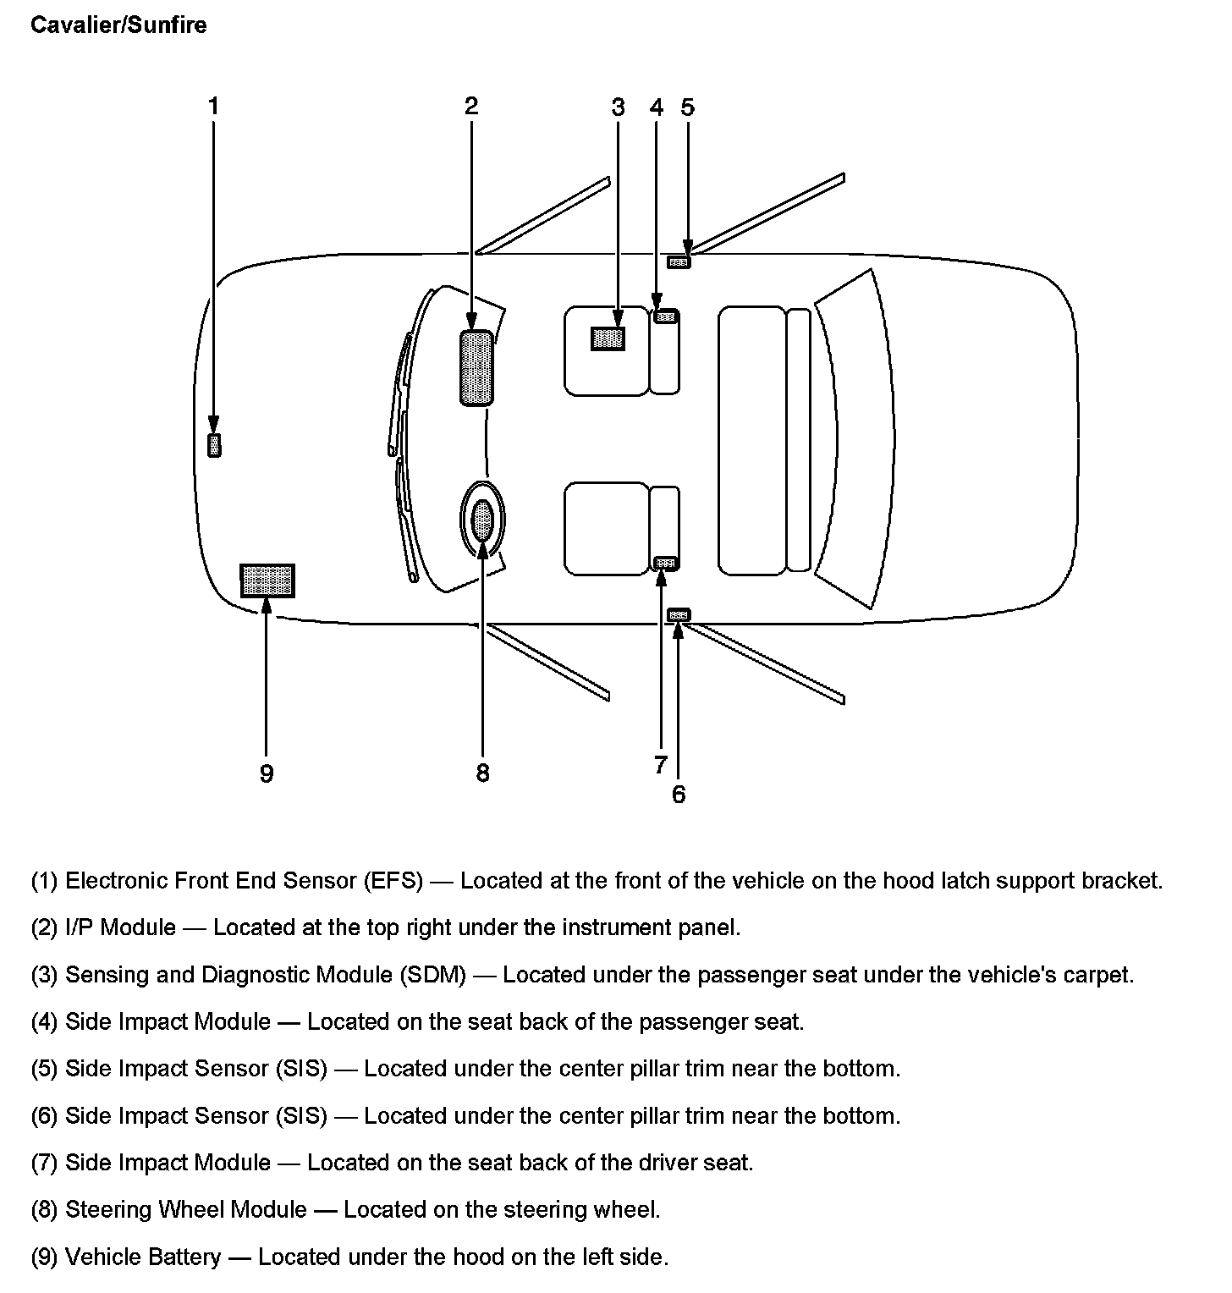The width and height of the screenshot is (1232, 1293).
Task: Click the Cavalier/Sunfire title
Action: (118, 25)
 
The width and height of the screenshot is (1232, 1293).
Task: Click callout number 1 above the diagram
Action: (213, 106)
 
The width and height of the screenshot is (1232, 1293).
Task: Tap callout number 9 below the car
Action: (267, 773)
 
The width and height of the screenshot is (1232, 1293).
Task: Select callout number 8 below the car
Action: (482, 773)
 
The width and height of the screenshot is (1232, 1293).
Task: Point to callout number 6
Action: (679, 795)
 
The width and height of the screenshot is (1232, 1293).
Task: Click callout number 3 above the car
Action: (618, 107)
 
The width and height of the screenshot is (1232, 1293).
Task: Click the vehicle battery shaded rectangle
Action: (267, 580)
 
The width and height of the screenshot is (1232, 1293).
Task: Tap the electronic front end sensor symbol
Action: (214, 445)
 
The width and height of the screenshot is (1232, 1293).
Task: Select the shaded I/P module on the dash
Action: (476, 368)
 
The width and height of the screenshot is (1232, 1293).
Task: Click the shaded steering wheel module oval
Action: (482, 520)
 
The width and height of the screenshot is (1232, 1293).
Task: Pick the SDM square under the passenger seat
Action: (608, 338)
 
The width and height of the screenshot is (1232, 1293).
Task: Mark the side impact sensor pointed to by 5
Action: (679, 262)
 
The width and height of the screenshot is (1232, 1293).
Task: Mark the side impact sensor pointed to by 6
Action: (679, 614)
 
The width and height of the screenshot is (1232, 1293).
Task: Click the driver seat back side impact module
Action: (666, 563)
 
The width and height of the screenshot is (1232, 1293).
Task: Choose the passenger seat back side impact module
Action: (666, 316)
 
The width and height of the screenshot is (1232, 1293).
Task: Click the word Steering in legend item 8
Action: (108, 1209)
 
